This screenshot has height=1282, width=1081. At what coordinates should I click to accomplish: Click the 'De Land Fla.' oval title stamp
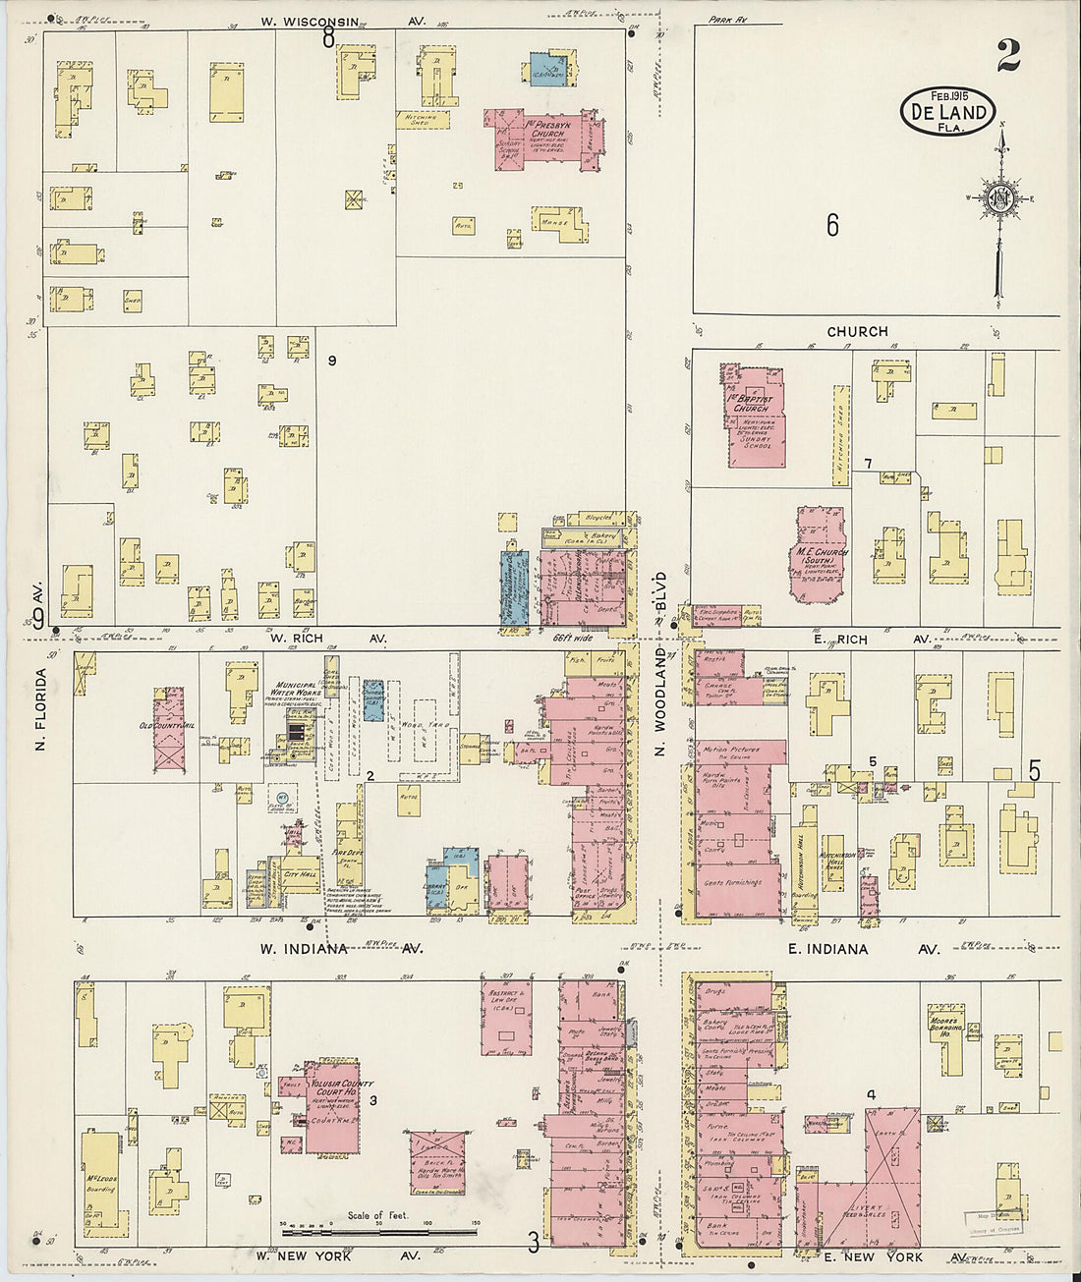[x=946, y=111]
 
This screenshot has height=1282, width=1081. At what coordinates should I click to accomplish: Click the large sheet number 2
[x=1006, y=56]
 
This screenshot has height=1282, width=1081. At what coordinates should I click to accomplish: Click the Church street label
[x=857, y=332]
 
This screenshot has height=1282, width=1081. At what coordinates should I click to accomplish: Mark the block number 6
[x=832, y=226]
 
